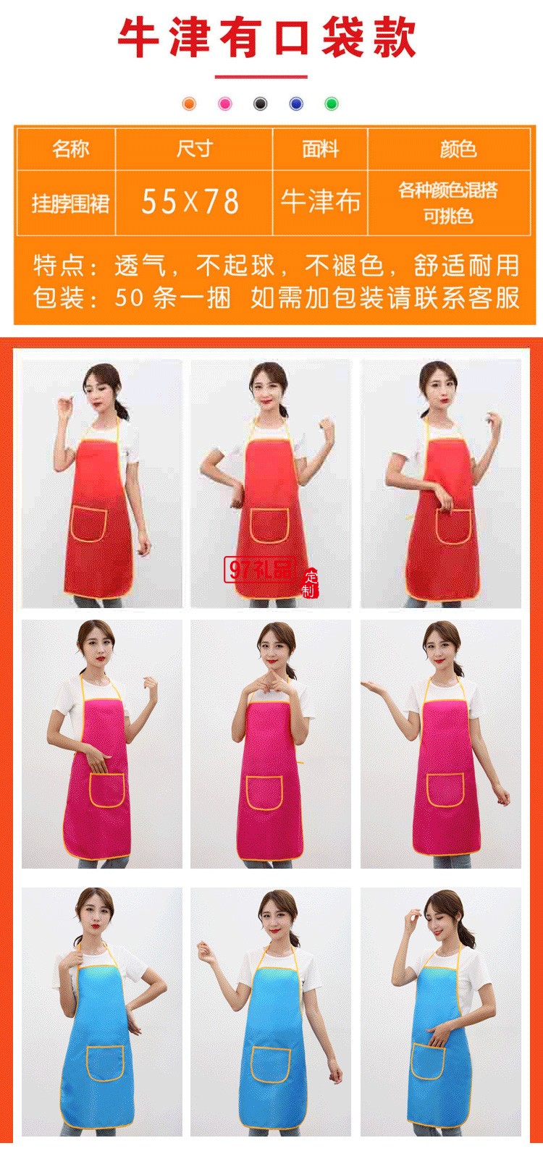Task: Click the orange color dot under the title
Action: click(189, 104)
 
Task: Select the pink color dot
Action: click(225, 104)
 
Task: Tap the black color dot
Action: click(261, 104)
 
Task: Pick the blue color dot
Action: click(296, 104)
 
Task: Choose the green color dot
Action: click(332, 104)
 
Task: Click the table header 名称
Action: click(70, 149)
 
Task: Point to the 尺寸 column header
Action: click(194, 149)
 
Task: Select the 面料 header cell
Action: click(320, 149)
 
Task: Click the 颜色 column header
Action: click(458, 149)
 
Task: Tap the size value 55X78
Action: click(190, 201)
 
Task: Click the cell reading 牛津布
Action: click(320, 201)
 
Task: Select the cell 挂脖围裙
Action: click(70, 203)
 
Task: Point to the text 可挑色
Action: click(448, 216)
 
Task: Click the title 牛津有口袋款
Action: click(266, 37)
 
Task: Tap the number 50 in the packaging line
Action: click(128, 298)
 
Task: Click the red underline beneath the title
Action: click(261, 77)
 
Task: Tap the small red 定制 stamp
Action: click(308, 583)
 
